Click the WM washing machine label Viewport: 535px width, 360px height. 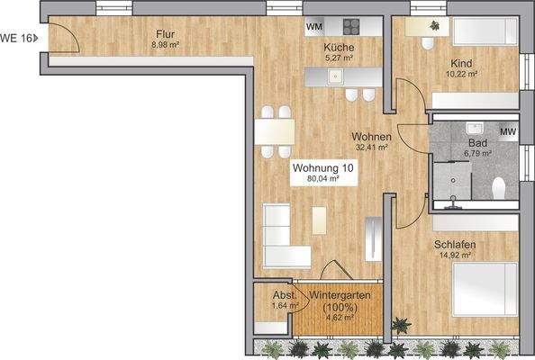pyautogui.click(x=313, y=26)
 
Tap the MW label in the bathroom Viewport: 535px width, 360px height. pyautogui.click(x=507, y=133)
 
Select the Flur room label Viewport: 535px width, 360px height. pyautogui.click(x=163, y=34)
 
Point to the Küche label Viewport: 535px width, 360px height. pyautogui.click(x=340, y=49)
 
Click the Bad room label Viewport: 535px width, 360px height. pyautogui.click(x=477, y=143)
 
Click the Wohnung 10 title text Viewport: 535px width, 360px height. pyautogui.click(x=322, y=168)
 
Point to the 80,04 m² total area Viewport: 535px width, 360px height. pyautogui.click(x=322, y=179)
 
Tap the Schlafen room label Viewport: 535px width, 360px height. pyautogui.click(x=454, y=245)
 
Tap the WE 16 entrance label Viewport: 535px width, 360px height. pyautogui.click(x=18, y=38)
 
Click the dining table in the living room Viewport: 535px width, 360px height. pyautogui.click(x=274, y=131)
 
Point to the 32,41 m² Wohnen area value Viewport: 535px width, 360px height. pyautogui.click(x=370, y=147)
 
